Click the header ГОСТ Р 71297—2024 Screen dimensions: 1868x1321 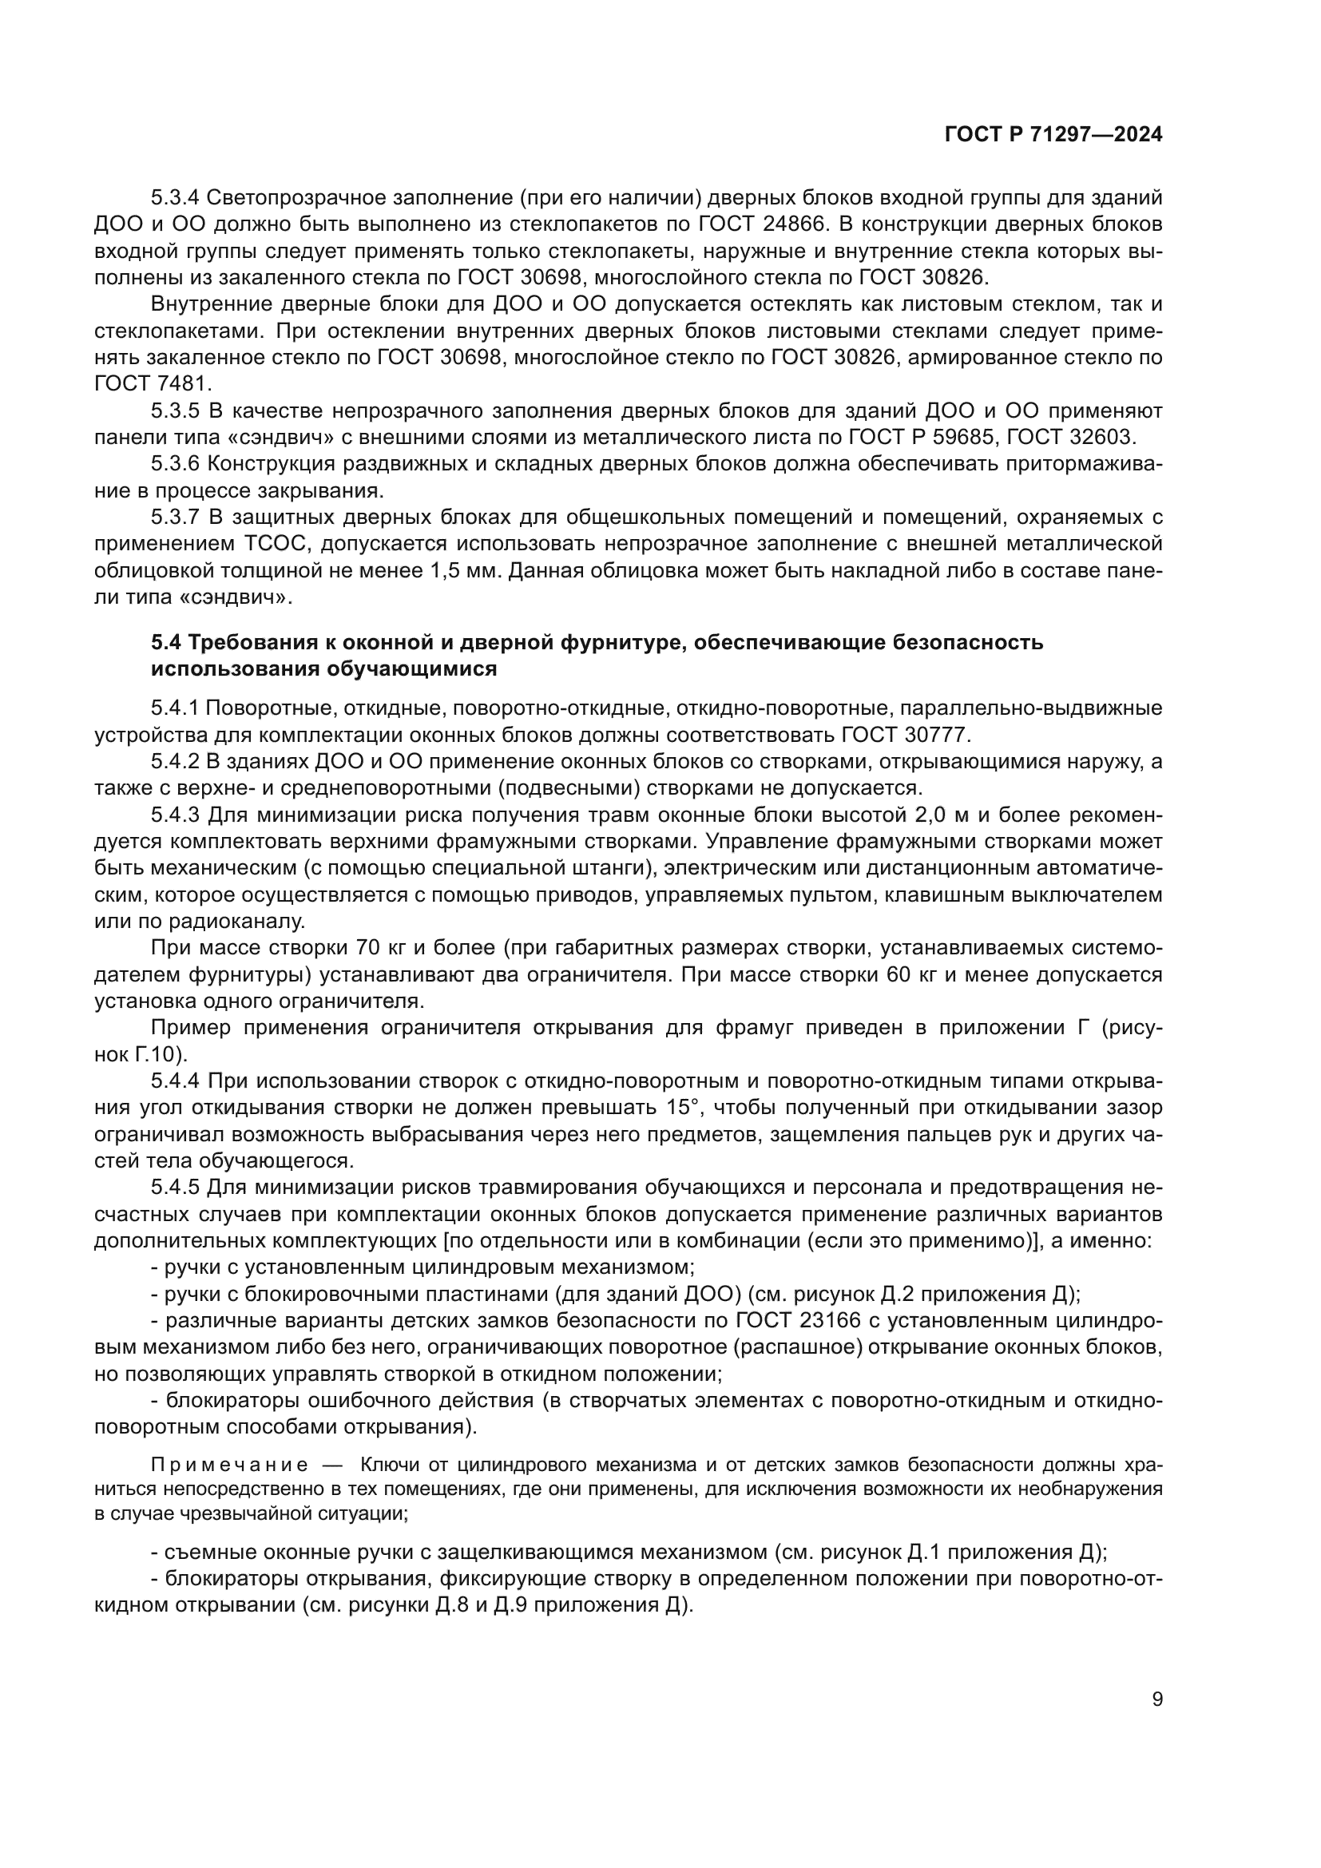click(x=1053, y=135)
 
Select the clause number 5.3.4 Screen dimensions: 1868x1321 click(x=176, y=198)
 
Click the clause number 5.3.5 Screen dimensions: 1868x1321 click(x=176, y=410)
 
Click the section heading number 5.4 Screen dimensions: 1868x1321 click(x=166, y=643)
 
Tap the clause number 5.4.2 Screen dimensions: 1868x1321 click(x=176, y=762)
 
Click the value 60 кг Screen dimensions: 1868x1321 click(x=914, y=974)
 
